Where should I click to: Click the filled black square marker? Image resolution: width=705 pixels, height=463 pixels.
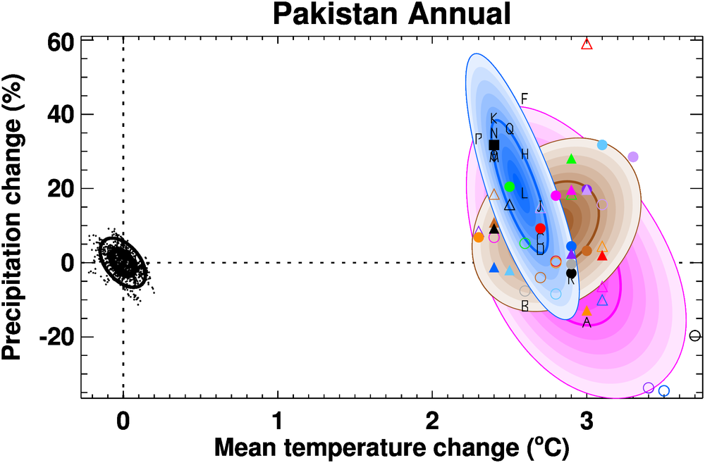494,145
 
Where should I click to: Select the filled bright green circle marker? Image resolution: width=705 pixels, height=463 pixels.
510,187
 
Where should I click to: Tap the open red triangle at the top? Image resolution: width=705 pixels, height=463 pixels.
587,44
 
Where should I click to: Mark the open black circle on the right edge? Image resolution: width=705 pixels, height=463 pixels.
695,336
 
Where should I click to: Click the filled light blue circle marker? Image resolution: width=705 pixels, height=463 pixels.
602,145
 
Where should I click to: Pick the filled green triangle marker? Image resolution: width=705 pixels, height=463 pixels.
572,159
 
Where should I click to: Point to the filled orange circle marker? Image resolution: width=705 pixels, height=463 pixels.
479,237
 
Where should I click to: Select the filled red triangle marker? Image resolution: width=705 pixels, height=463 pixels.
602,255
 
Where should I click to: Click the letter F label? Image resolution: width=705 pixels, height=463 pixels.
524,98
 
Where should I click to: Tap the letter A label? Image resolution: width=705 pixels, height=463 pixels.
587,323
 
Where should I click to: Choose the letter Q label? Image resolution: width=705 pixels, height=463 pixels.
509,129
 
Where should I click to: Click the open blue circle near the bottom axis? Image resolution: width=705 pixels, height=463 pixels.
663,391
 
